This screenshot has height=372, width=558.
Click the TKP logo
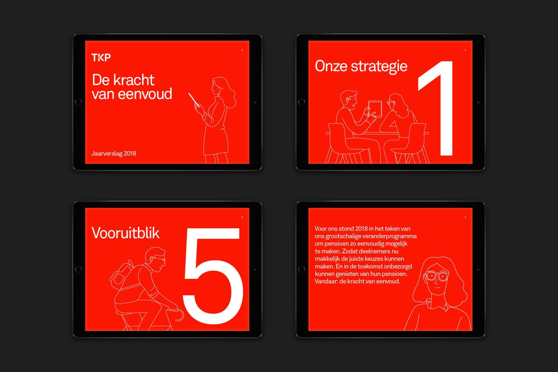pyautogui.click(x=101, y=57)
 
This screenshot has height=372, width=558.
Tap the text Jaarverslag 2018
pyautogui.click(x=114, y=153)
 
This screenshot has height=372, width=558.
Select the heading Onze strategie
pyautogui.click(x=361, y=66)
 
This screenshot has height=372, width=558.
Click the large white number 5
pyautogui.click(x=213, y=275)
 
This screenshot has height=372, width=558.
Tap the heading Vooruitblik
pyautogui.click(x=126, y=233)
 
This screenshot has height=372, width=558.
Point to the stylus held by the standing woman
pyautogui.click(x=194, y=99)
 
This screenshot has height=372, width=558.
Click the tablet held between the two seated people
pyautogui.click(x=375, y=108)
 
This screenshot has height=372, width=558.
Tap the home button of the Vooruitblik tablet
pyautogui.click(x=78, y=269)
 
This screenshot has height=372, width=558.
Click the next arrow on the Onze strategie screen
pyautogui.click(x=465, y=50)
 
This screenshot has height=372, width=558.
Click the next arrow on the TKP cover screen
pyautogui.click(x=242, y=50)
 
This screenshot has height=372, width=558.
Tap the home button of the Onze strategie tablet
pyautogui.click(x=302, y=102)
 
